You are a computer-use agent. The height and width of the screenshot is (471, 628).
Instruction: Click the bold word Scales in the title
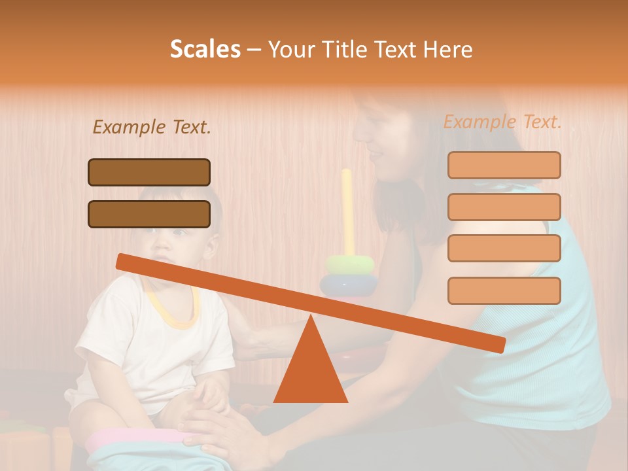(x=205, y=49)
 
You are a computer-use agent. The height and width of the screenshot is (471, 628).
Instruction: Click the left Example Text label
(x=151, y=127)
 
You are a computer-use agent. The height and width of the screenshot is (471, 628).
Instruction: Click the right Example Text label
(x=502, y=122)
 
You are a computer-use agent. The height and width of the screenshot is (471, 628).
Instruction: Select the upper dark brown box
(x=149, y=172)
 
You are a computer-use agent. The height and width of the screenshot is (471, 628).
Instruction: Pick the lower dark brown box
(x=149, y=214)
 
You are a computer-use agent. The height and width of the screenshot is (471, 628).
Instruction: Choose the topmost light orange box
(x=504, y=165)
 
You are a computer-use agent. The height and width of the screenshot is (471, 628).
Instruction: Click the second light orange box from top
(x=504, y=207)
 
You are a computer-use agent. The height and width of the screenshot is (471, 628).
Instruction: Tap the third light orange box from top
(x=504, y=249)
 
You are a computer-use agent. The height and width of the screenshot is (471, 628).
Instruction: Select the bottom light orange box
(x=504, y=290)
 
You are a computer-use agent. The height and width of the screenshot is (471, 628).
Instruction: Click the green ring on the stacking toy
(x=350, y=264)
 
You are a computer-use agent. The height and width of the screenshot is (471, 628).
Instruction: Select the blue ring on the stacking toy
(x=349, y=285)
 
